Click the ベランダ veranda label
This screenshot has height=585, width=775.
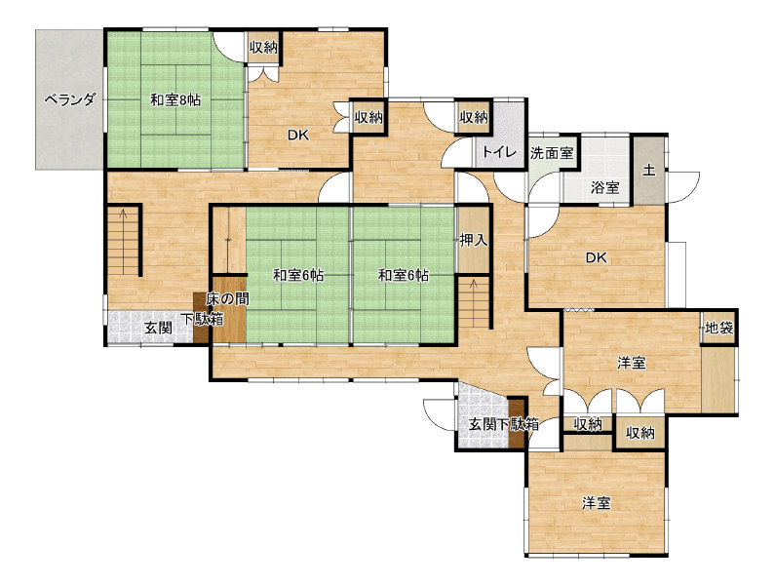(x=69, y=99)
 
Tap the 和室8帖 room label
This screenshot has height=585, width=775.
(x=175, y=99)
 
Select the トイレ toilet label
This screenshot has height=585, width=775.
(x=499, y=151)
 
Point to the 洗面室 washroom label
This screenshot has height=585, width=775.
(x=552, y=153)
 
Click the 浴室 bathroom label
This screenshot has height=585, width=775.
(x=605, y=187)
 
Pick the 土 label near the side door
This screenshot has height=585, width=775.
(x=649, y=170)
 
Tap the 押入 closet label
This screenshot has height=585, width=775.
(x=474, y=240)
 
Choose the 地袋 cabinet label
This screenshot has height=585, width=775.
(x=719, y=328)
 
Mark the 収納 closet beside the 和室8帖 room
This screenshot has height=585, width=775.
(x=263, y=48)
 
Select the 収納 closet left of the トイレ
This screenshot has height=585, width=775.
(x=474, y=117)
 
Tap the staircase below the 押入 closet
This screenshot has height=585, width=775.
(x=474, y=302)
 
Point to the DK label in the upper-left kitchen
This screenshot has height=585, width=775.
(x=298, y=135)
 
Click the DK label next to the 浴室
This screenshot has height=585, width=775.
(x=596, y=257)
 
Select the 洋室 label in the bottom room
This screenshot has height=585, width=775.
(x=596, y=503)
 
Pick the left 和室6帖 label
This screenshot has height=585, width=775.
(x=298, y=275)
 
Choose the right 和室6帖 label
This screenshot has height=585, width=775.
(x=404, y=275)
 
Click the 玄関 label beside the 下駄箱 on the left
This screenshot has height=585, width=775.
(x=158, y=327)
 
